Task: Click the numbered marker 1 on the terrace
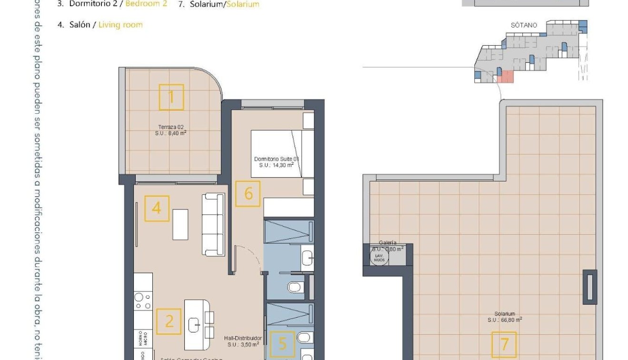171,97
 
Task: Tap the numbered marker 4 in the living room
157,209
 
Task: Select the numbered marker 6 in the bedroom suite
248,194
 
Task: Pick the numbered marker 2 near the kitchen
169,321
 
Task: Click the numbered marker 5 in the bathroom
282,344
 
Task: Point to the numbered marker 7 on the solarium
504,344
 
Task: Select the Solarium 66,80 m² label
504,317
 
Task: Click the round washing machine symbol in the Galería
379,257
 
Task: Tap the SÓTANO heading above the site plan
524,25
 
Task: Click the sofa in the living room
213,224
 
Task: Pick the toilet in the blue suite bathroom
296,287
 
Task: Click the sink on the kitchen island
195,325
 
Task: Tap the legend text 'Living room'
120,25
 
